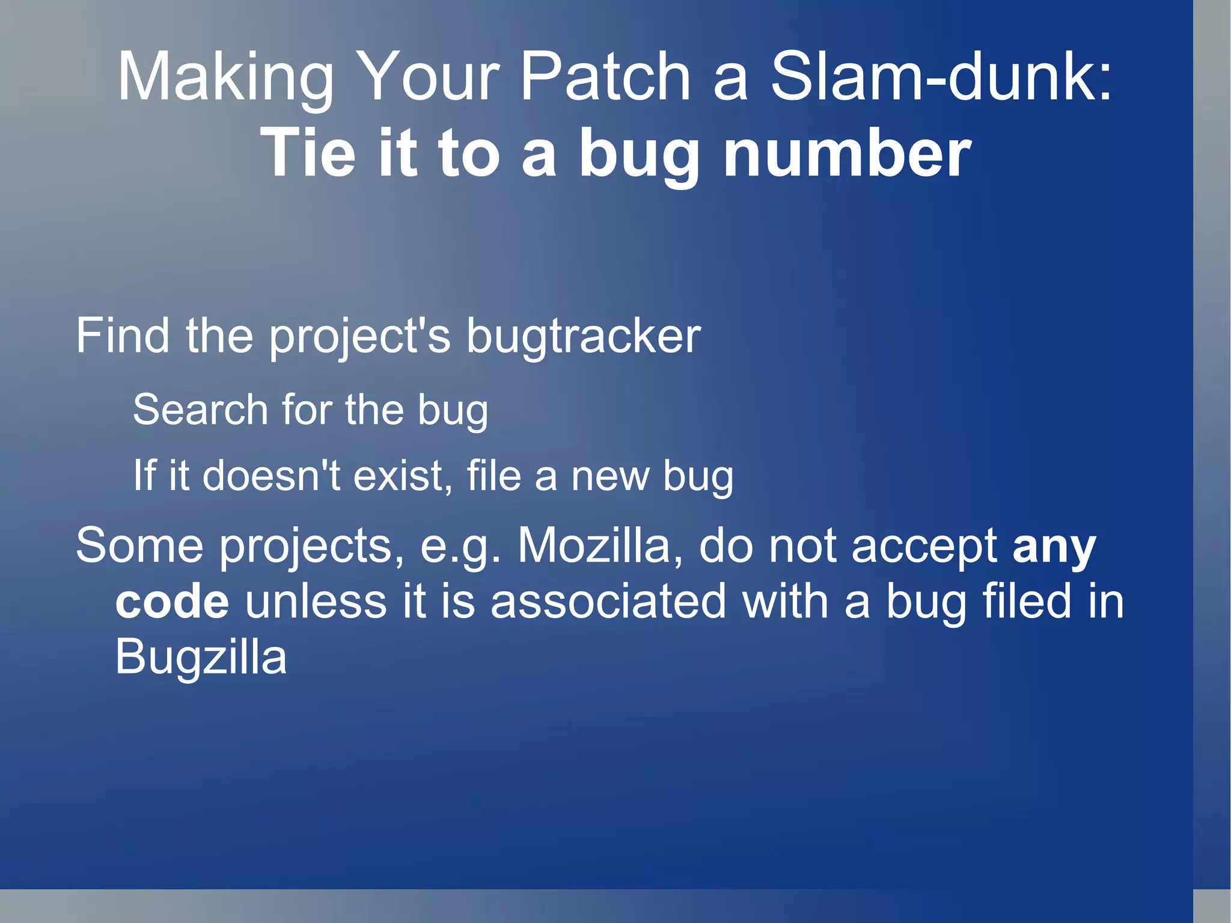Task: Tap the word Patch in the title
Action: tap(605, 77)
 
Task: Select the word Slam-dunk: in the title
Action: tap(941, 77)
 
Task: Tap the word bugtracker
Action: tap(582, 337)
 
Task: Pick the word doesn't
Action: tap(270, 476)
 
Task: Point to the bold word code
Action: tap(172, 601)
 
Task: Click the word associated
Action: tap(608, 601)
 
